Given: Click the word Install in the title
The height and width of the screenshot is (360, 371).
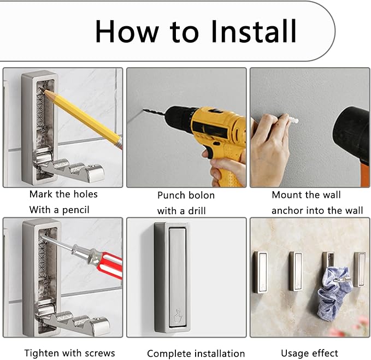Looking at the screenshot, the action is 254,31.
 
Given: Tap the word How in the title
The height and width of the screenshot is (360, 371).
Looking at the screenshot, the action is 127,32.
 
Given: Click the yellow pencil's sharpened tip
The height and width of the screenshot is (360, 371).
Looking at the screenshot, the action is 45,91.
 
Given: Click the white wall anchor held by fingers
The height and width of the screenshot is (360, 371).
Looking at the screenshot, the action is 292,120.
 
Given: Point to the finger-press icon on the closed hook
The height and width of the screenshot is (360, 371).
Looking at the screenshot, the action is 176,315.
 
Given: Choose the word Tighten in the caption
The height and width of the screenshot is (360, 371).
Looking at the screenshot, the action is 42,353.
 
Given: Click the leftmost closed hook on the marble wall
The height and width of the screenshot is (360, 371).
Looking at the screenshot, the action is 261,272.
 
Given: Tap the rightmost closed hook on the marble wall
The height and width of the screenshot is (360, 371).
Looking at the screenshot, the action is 360,269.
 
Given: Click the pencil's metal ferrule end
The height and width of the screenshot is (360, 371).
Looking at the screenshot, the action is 119,143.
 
